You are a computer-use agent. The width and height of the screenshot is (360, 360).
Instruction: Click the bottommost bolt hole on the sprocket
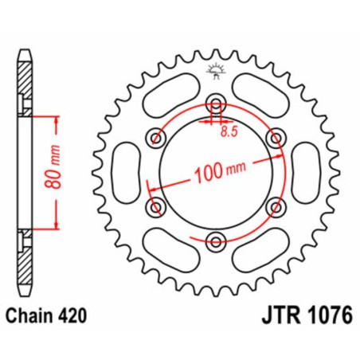tap(215, 240)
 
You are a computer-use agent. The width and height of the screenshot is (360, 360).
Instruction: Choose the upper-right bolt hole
tap(275, 137)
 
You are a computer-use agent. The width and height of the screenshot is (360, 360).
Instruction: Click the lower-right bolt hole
tap(275, 206)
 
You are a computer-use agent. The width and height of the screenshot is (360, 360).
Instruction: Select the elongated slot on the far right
tap(303, 171)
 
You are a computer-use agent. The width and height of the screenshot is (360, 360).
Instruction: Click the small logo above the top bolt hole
tap(215, 70)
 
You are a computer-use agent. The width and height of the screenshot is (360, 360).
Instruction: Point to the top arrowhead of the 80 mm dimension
tap(56, 117)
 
